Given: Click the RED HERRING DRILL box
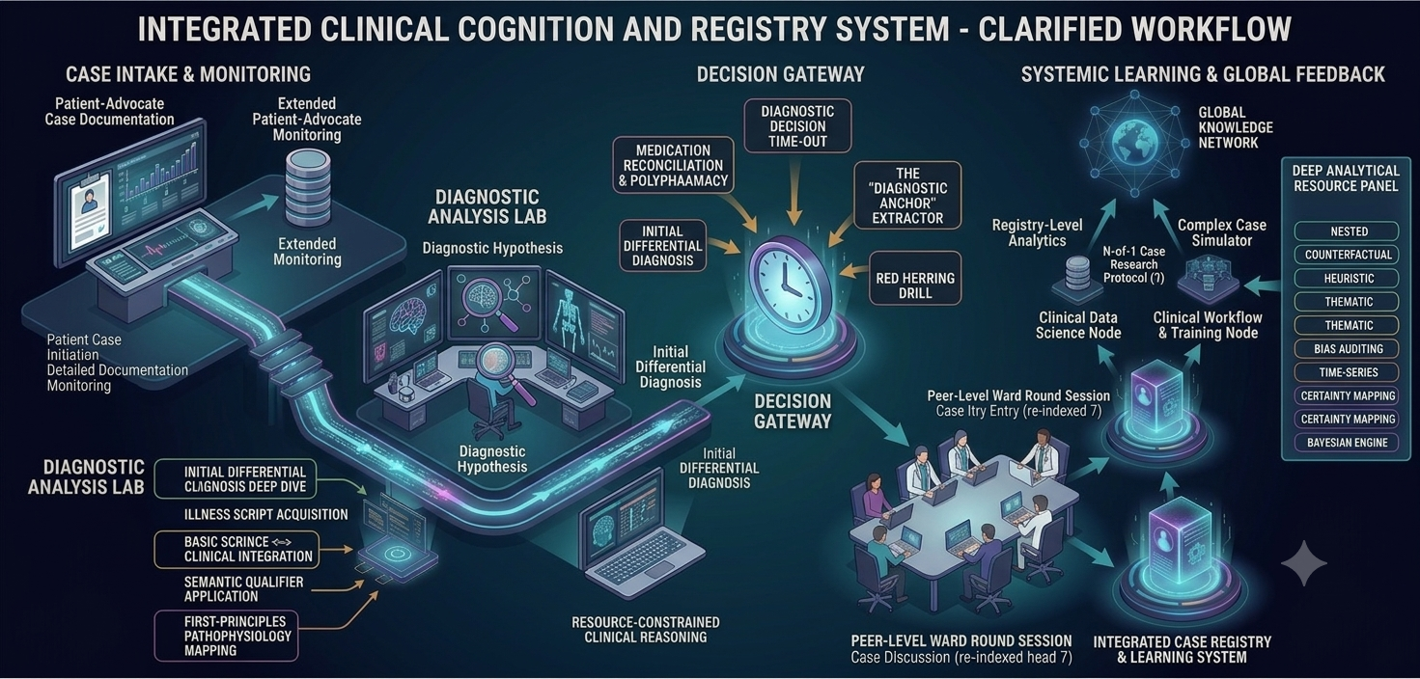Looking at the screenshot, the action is (915, 278).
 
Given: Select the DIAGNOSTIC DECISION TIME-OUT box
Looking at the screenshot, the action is (797, 125).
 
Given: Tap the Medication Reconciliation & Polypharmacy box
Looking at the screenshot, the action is (673, 165).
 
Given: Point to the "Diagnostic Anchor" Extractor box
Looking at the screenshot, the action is (907, 195).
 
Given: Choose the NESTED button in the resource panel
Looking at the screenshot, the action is (1347, 231).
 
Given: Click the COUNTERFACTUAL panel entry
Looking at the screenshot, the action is (1347, 255).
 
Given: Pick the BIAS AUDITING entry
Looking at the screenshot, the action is (1347, 349).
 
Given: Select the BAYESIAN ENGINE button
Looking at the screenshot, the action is (1347, 443).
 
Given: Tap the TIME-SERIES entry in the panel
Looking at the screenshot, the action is (1347, 372).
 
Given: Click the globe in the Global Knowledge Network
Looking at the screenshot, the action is (1134, 143).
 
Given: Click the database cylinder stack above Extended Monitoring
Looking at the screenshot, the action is (308, 187).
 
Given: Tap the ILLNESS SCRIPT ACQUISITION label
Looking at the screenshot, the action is (265, 514).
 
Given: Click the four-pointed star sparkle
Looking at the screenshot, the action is (1304, 562).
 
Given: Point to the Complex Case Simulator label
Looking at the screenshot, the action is (1221, 232).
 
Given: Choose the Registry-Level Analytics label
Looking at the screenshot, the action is (1037, 232).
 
